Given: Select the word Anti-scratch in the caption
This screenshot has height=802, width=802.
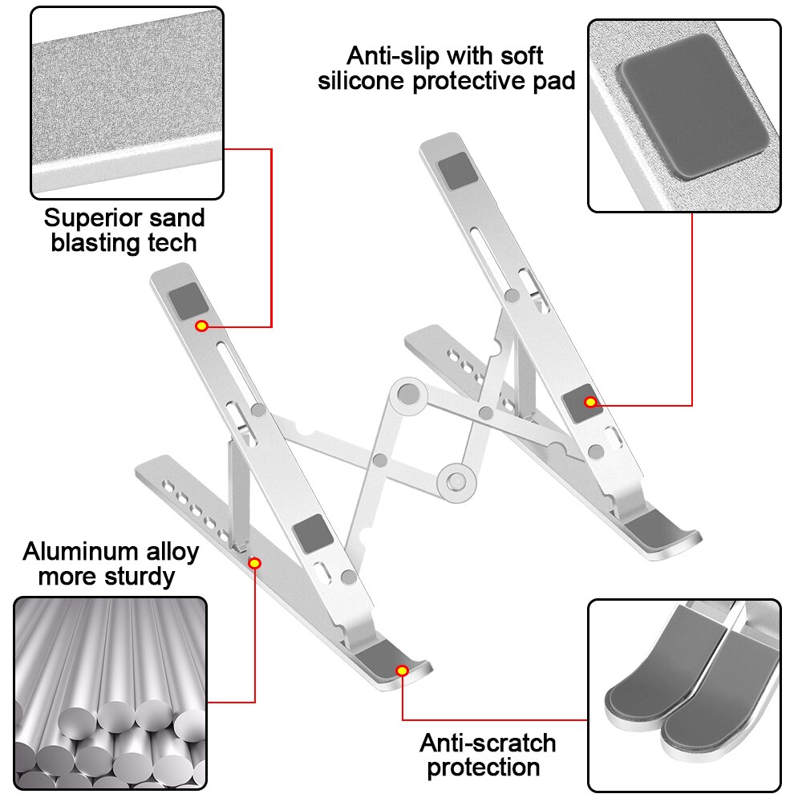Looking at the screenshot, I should (x=488, y=743).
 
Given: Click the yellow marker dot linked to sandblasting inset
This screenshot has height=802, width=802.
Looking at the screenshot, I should (x=201, y=326).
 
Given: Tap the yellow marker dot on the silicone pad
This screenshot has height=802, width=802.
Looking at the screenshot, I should (x=590, y=402).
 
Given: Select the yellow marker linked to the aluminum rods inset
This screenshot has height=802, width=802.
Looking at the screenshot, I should (x=254, y=563).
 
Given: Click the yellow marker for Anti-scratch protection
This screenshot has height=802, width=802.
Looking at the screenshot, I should (x=402, y=670).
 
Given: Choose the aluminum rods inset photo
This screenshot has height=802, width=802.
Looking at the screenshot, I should (x=111, y=694).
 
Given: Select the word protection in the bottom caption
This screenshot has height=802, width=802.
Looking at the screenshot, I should (x=483, y=767).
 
